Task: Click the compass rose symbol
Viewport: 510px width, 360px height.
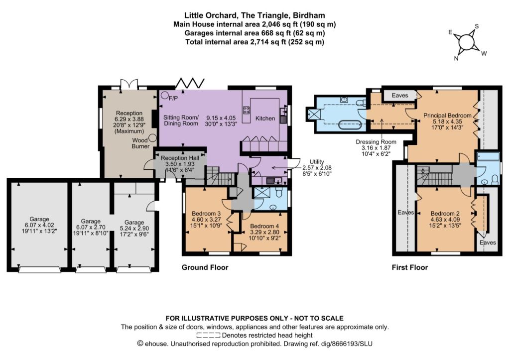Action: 466,42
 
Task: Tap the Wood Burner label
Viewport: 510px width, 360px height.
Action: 140,143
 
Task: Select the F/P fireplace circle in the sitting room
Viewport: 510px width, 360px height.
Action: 165,95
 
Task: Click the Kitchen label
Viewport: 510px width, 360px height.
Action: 265,119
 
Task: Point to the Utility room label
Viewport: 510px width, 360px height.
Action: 316,162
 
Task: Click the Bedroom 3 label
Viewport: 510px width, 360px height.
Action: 206,214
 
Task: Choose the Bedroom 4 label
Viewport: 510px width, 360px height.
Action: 264,226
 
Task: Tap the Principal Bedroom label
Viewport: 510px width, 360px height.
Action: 447,116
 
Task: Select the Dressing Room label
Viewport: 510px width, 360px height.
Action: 376,142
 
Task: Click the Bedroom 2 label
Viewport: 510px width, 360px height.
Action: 445,214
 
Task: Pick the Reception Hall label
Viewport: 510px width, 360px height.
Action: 180,158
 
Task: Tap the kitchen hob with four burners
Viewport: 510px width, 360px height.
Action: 246,110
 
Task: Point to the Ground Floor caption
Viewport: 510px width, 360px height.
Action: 205,267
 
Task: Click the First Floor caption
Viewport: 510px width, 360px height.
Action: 410,267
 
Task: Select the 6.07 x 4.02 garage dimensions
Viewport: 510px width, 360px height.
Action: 39,225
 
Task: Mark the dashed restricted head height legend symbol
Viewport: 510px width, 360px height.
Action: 208,335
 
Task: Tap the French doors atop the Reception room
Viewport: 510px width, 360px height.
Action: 129,84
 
